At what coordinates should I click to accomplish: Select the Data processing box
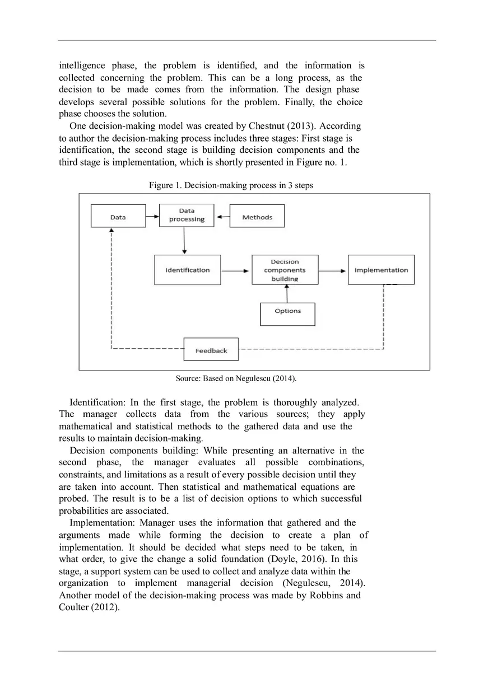click(187, 216)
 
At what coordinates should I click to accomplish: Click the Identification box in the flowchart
click(187, 270)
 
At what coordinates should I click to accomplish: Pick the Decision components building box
click(285, 270)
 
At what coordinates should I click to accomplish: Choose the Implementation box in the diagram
click(381, 270)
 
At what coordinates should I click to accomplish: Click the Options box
click(287, 311)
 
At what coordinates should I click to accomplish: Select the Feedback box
click(211, 350)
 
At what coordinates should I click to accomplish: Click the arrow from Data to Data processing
click(152, 215)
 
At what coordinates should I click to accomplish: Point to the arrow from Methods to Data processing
click(223, 217)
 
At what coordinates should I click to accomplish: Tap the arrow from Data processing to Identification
click(184, 241)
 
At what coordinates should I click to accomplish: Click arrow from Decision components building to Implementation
click(333, 270)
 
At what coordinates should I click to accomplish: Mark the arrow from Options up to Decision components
click(287, 293)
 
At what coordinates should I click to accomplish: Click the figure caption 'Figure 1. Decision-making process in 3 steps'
click(230, 185)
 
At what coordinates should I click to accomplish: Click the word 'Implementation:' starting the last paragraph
click(100, 523)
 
